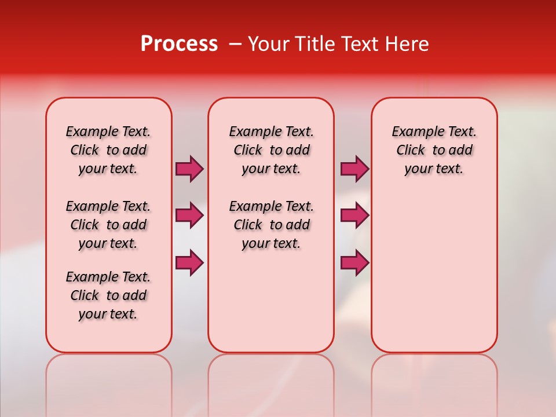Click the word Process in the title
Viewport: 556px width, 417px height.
click(x=179, y=44)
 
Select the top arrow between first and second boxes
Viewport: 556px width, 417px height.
click(x=189, y=169)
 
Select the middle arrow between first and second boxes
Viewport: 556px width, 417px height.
click(x=189, y=215)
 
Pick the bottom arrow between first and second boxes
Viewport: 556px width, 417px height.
click(x=189, y=262)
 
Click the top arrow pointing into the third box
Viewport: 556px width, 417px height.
click(x=354, y=169)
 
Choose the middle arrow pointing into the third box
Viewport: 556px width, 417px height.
click(x=354, y=215)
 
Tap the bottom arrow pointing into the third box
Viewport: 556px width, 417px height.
click(x=354, y=262)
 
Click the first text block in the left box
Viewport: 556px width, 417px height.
click(x=108, y=150)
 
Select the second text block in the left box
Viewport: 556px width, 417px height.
click(x=108, y=225)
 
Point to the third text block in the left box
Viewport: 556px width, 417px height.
click(x=108, y=295)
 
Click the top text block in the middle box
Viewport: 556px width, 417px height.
click(x=271, y=150)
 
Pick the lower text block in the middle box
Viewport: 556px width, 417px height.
click(x=271, y=225)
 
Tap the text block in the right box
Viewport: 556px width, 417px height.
click(x=434, y=150)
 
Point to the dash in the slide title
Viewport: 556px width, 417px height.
click(x=236, y=44)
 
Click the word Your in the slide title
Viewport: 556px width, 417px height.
click(x=265, y=44)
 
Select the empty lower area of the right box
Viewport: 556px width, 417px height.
click(x=434, y=266)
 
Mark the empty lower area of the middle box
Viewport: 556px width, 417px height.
click(x=271, y=301)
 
